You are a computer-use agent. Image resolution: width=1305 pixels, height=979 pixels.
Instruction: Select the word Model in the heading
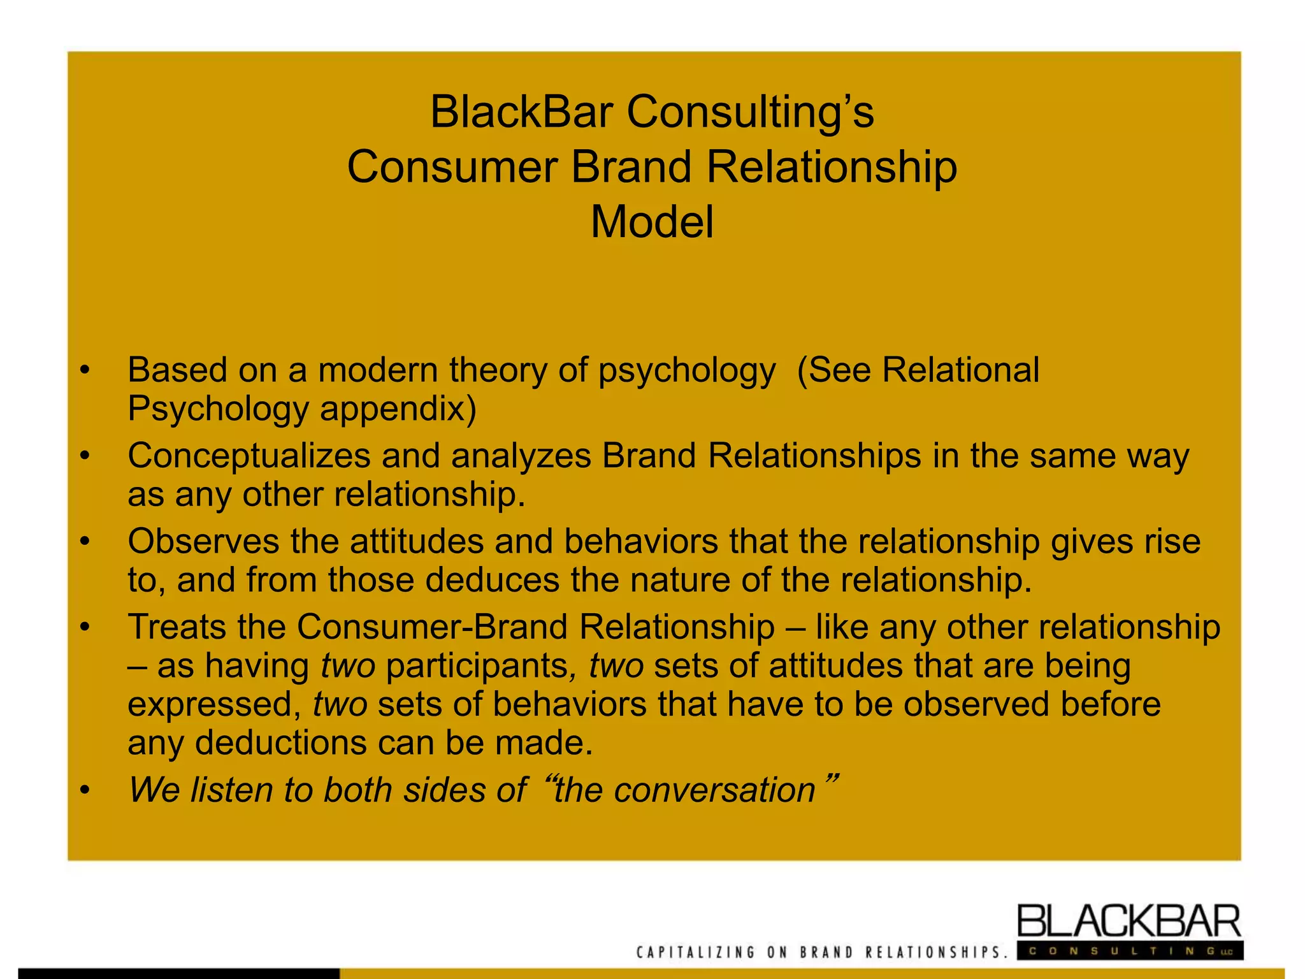tap(652, 222)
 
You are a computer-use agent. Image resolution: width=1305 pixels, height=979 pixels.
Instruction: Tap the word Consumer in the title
tap(451, 168)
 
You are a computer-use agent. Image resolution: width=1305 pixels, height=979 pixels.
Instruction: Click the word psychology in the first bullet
tap(687, 370)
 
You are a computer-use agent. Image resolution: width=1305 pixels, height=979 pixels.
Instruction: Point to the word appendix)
tap(398, 409)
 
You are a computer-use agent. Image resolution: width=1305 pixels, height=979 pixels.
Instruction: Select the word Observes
tap(203, 542)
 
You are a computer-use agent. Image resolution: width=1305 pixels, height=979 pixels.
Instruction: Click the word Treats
tap(177, 627)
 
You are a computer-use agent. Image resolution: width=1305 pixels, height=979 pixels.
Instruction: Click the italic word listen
tap(233, 790)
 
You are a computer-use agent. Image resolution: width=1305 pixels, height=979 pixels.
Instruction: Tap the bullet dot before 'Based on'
tap(85, 370)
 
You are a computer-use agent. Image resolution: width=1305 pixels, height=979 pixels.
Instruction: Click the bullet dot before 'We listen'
tap(85, 791)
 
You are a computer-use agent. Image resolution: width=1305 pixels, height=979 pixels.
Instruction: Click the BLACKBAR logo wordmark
tap(1128, 922)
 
